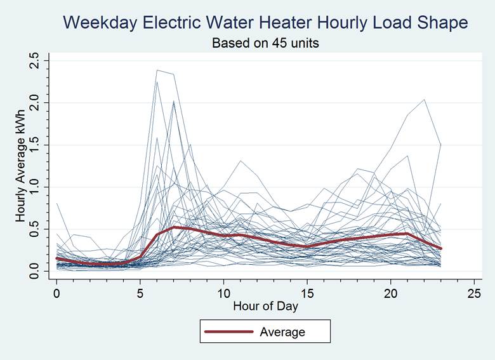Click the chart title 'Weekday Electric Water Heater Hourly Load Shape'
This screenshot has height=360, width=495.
(x=266, y=23)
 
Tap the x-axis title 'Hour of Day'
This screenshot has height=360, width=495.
(x=265, y=305)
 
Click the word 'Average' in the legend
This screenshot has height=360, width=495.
(x=282, y=332)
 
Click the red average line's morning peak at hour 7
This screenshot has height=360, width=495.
(x=173, y=227)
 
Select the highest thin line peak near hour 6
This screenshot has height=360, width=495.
(x=157, y=70)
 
